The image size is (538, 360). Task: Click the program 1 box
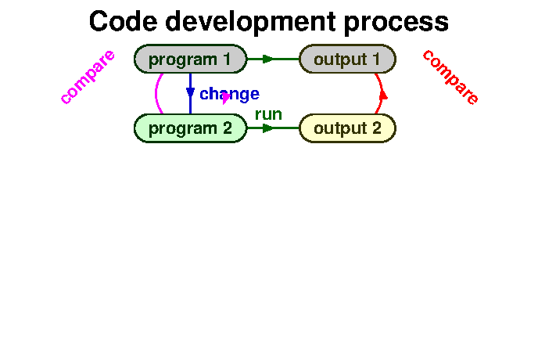190,59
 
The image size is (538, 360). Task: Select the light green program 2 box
190,128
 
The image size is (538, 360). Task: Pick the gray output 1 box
347,59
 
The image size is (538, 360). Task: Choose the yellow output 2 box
347,128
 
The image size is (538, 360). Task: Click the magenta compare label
88,77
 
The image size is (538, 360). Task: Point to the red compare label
450,77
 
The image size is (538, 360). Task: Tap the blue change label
229,94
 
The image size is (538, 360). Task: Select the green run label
268,114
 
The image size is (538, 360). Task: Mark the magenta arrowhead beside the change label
226,98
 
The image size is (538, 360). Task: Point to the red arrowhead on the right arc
383,94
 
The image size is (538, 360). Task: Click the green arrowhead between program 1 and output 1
268,59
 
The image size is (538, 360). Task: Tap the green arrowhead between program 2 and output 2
268,128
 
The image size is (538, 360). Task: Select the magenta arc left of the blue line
157,94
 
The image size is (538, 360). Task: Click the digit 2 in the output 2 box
377,128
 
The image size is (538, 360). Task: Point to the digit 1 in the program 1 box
227,59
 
